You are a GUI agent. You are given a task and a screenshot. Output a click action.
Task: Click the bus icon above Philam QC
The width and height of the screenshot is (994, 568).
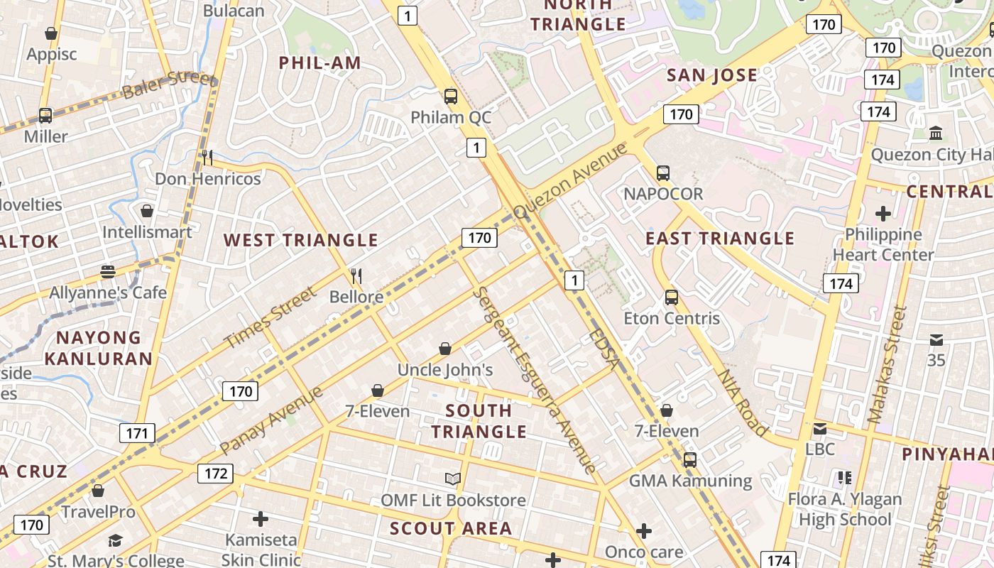(450, 97)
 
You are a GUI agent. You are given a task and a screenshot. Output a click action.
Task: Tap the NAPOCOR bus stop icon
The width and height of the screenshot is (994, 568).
(662, 173)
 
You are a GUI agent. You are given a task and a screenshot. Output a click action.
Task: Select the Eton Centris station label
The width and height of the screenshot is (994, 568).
(671, 318)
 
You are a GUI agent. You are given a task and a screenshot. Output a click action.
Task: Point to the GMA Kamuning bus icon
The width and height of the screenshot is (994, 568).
(689, 460)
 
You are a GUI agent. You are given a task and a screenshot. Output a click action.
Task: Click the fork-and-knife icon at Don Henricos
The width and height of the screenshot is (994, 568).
(207, 158)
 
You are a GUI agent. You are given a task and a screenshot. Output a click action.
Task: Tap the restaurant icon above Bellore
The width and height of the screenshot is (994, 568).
(356, 275)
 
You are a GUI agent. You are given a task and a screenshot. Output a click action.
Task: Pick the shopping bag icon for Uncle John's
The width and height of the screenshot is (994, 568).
(444, 349)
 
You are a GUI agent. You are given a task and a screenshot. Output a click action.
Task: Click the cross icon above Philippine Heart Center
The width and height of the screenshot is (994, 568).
(883, 213)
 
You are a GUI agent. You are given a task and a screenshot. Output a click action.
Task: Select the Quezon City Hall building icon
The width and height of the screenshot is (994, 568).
(936, 133)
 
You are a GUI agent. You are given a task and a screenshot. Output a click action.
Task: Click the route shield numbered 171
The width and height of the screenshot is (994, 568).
(137, 433)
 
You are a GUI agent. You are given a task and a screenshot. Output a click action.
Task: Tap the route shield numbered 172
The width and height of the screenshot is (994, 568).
(215, 474)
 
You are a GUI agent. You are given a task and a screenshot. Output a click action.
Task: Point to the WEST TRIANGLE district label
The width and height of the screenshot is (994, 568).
(301, 240)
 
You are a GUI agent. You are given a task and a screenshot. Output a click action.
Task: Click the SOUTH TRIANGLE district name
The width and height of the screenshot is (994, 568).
(479, 421)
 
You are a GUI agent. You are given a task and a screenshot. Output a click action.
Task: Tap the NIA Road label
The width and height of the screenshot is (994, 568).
(743, 402)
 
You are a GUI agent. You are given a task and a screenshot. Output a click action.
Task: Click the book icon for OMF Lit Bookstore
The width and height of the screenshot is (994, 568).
(452, 479)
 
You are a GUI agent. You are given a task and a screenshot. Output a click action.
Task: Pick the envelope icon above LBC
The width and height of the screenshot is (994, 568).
(820, 429)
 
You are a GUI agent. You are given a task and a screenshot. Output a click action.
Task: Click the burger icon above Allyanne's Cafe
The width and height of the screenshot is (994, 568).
(108, 271)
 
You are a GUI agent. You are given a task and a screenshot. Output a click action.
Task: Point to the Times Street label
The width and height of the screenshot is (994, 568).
(270, 317)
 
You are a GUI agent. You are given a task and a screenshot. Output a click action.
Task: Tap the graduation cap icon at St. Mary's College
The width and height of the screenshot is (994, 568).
(115, 542)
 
